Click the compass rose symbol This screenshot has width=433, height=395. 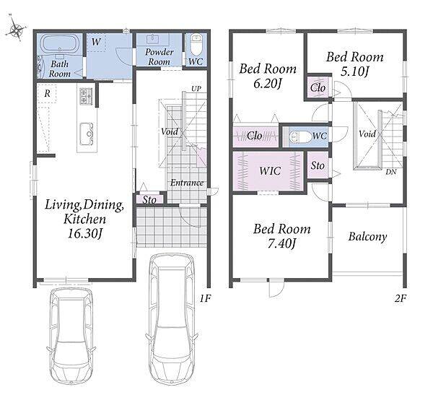point(16,28)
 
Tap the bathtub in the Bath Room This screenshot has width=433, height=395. point(60,43)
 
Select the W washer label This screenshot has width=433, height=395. point(96,42)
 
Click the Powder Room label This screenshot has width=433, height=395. point(159,56)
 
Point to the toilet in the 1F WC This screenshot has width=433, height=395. point(196,45)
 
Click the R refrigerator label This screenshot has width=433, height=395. point(47,93)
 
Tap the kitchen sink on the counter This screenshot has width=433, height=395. point(87,134)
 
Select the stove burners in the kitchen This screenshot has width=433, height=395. point(86,95)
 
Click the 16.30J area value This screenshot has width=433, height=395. point(85,234)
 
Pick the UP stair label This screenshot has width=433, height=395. point(196,89)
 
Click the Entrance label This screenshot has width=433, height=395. point(187,183)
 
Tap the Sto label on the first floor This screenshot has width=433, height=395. point(149,200)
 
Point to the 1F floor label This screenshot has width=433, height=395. point(205,298)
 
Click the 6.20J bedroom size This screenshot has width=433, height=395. point(267,84)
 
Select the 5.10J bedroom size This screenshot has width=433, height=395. point(355,72)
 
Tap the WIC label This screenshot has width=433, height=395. point(270,171)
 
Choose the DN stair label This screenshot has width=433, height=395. point(391,172)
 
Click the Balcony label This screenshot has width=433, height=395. point(367,237)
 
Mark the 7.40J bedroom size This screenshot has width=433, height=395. point(282,244)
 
